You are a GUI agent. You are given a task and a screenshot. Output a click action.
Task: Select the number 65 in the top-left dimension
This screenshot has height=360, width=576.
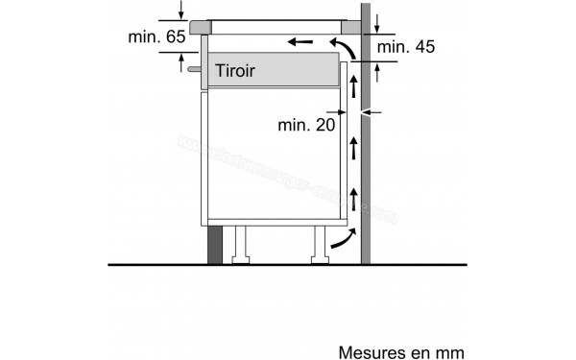pyautogui.click(x=171, y=36)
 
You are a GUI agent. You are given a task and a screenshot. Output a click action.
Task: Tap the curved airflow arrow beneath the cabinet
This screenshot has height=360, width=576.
pyautogui.click(x=341, y=241)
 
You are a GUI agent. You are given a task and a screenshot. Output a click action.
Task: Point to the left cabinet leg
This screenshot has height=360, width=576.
pyautogui.click(x=242, y=244)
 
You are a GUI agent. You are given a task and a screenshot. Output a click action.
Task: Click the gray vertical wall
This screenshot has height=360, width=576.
pyautogui.click(x=366, y=144)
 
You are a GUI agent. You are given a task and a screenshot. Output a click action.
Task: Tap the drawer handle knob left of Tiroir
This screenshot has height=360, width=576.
pyautogui.click(x=197, y=69)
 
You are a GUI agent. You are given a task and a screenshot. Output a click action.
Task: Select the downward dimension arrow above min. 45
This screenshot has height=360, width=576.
pyautogui.click(x=378, y=22)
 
